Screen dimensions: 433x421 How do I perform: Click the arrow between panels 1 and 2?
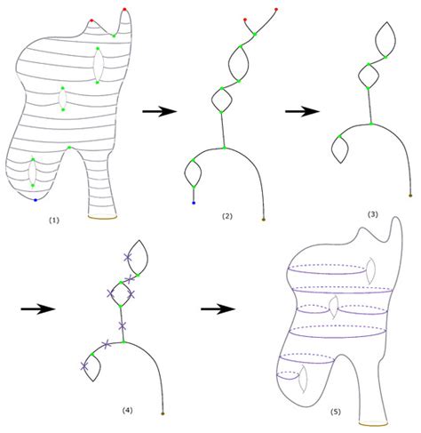[156, 111]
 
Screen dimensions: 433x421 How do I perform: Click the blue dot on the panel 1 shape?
[35, 201]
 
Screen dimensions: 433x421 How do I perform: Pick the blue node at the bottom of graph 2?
[193, 204]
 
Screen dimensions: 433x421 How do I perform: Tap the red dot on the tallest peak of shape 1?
[124, 10]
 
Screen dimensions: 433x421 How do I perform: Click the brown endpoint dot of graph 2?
[264, 217]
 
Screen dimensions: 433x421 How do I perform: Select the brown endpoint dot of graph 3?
[410, 195]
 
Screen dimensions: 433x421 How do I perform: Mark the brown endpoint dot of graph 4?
[163, 413]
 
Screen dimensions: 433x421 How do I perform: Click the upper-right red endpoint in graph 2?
[277, 11]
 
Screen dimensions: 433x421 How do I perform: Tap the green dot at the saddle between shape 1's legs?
[68, 148]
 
